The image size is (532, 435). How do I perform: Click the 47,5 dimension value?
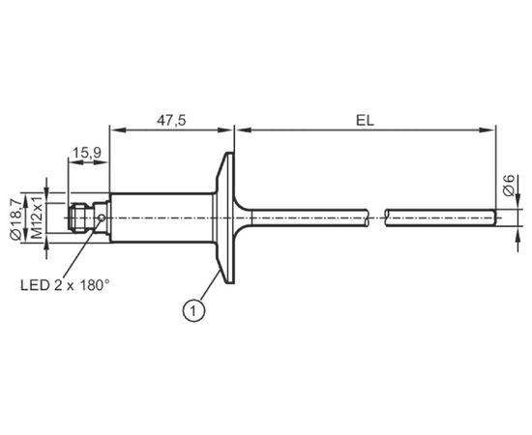coord(171,121)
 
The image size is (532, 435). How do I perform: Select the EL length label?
coord(365,121)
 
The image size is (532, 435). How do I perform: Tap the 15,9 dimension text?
coord(87,154)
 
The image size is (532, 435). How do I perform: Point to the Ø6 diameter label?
coord(509,186)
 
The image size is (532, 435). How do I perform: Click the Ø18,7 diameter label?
coord(15,220)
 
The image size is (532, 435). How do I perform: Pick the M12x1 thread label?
coord(37,217)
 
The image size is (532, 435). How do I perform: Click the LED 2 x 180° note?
coord(65,285)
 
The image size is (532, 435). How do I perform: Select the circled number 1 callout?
coord(193,310)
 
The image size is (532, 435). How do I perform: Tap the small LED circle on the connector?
coord(102,217)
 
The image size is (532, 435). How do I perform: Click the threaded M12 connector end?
coord(80,217)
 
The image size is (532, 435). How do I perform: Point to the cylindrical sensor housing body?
coord(162,217)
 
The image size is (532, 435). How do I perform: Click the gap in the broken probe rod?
coord(377,217)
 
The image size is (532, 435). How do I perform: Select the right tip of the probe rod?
coord(495,217)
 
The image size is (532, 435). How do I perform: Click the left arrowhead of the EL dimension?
coord(243,130)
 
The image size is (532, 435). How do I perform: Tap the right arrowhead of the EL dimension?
coord(488,130)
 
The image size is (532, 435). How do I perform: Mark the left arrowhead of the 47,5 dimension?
coord(118,130)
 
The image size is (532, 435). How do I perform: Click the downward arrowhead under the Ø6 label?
coord(518,201)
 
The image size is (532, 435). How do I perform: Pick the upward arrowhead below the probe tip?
coord(518,234)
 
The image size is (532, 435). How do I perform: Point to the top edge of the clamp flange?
coord(230,153)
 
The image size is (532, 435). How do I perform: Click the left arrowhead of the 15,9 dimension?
coord(76,162)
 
